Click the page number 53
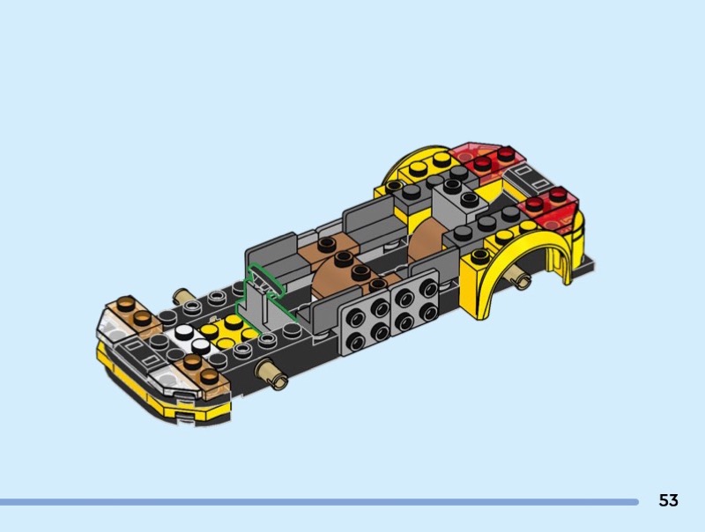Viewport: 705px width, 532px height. pos(668,500)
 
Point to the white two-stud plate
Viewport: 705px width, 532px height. pos(191,339)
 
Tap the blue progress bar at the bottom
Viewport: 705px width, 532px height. pos(319,502)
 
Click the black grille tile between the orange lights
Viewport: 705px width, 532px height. pos(142,351)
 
